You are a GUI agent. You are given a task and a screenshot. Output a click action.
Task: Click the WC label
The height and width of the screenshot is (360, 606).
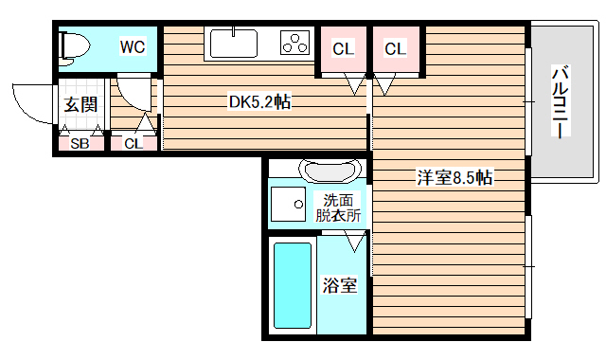pos(131,45)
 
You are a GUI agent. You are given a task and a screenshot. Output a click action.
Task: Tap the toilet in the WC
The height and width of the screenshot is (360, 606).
pos(73,45)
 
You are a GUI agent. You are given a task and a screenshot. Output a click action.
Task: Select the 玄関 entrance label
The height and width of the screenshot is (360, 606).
pos(80,104)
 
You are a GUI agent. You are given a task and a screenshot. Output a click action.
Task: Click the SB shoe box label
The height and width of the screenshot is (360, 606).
pos(80,144)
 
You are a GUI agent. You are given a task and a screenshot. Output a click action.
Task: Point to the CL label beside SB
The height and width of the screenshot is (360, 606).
pos(133,144)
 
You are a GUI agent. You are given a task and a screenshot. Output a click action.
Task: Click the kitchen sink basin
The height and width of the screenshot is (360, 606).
pos(233,45)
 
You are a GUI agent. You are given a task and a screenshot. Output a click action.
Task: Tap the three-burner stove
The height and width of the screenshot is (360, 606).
pos(295,44)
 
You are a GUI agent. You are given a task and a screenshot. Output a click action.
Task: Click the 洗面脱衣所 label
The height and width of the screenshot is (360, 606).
pos(338,207)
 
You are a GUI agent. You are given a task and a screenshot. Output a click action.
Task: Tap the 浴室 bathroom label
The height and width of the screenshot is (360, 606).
pos(339,284)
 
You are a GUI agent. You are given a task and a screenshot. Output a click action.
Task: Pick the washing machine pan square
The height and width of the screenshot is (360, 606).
pos(286,202)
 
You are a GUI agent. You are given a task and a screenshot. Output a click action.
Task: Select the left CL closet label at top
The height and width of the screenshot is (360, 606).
pos(343,47)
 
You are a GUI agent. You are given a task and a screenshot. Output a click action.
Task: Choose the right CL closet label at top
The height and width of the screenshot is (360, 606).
pos(395,47)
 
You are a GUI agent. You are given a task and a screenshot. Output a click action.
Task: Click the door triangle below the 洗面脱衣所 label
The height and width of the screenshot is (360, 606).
pos(355,243)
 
